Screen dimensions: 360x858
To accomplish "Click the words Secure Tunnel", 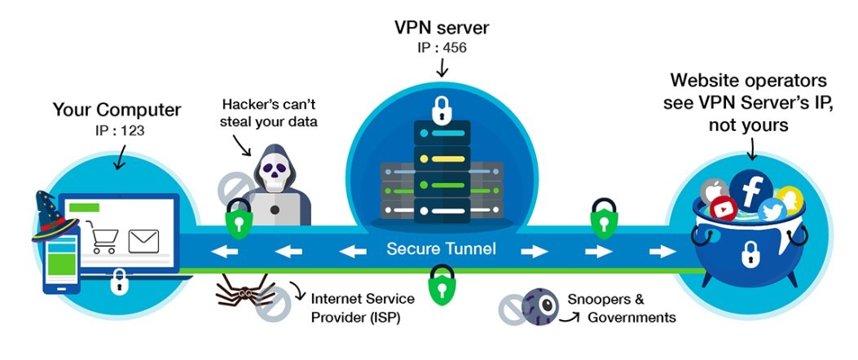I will tap(441, 248).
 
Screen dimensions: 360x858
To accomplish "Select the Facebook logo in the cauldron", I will tap(750, 188).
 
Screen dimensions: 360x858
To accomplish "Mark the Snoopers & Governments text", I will tap(627, 308).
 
